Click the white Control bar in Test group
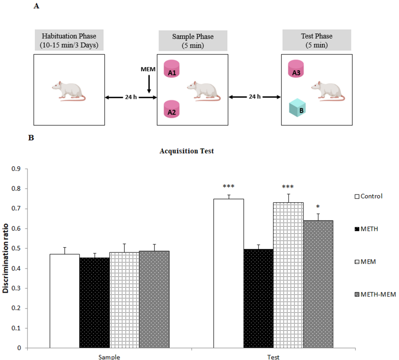(229, 273)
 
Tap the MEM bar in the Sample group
(124, 300)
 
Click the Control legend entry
(372, 196)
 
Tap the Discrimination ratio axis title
(7, 258)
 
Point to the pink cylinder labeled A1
(172, 70)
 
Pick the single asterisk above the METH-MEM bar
(318, 207)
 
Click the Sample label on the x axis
(109, 357)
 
